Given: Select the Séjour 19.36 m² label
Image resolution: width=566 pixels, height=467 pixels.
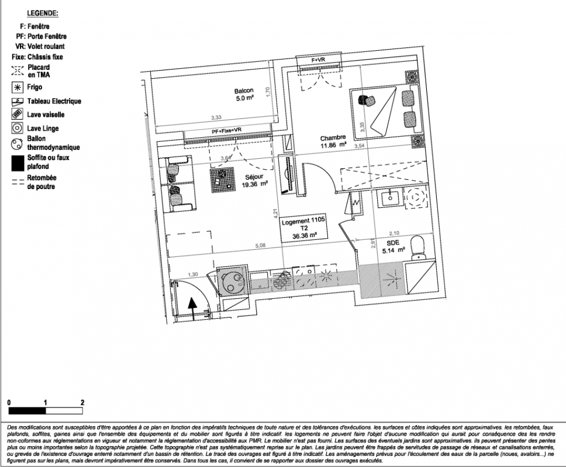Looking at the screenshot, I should click(254, 177).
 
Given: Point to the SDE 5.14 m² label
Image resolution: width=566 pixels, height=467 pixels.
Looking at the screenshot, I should click(393, 247).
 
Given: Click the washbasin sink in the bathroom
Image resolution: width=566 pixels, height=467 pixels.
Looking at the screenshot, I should click(389, 198).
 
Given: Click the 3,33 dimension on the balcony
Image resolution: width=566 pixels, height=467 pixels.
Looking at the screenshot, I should click(216, 118).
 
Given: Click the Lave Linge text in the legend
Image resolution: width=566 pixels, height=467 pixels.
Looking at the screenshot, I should click(43, 128).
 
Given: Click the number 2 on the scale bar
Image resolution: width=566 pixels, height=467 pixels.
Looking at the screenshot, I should click(82, 402).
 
